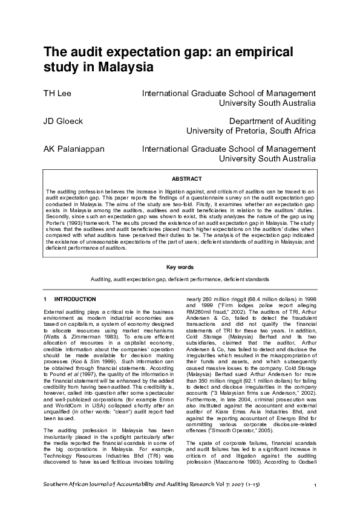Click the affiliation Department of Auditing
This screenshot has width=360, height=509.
[x=272, y=121]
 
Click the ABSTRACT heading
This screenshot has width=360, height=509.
[x=183, y=179]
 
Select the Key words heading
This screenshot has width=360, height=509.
[x=180, y=267]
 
